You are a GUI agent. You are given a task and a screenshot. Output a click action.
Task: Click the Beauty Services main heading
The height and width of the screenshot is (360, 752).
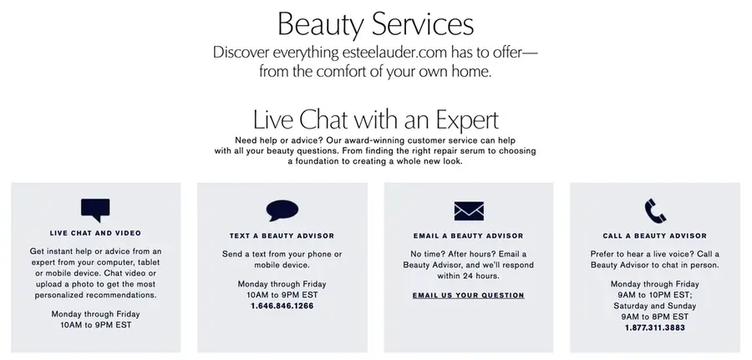click(375, 25)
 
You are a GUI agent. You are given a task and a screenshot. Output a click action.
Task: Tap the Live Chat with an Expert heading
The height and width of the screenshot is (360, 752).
click(375, 119)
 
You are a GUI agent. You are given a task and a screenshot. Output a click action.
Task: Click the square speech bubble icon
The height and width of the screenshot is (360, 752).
click(95, 210)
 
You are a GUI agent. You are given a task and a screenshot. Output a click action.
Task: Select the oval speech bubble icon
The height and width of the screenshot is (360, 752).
click(282, 210)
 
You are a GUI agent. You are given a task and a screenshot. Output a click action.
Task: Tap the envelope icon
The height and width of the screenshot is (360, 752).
click(469, 211)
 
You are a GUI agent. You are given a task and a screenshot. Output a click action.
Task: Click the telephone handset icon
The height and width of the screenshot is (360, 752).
click(655, 211)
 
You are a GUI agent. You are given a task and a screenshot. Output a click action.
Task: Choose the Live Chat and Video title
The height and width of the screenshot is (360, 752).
click(95, 233)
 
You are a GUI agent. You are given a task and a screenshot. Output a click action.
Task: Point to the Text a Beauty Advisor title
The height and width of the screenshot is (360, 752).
click(282, 236)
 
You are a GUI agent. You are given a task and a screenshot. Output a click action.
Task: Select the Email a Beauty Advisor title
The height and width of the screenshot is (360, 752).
click(469, 236)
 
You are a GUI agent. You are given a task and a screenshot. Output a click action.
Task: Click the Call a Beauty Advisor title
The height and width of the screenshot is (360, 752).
click(654, 236)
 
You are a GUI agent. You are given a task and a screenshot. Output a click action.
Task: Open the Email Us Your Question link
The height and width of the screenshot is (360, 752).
click(469, 296)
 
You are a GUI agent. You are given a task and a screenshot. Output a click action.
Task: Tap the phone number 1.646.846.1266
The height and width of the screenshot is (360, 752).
click(282, 306)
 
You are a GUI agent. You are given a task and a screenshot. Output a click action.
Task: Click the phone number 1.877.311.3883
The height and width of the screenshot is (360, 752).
click(654, 328)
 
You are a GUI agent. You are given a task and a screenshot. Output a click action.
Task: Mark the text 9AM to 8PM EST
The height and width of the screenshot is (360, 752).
click(654, 317)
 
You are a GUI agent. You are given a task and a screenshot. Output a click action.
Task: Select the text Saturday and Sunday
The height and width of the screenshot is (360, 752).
click(654, 306)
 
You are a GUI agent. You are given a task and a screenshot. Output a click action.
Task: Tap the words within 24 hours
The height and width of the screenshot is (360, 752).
click(469, 276)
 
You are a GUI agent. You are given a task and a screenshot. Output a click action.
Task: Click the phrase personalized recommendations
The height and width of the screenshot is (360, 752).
click(95, 296)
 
